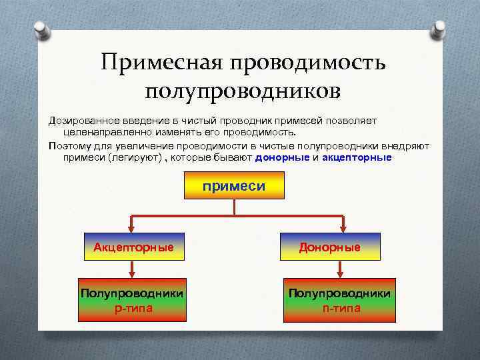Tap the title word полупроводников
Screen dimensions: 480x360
click(x=243, y=91)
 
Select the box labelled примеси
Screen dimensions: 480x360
click(x=233, y=187)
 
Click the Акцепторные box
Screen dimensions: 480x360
click(x=133, y=247)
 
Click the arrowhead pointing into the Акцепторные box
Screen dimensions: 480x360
click(x=133, y=229)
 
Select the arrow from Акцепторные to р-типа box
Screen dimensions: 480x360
click(x=133, y=268)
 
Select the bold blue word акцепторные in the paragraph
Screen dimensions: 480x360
click(x=357, y=158)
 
